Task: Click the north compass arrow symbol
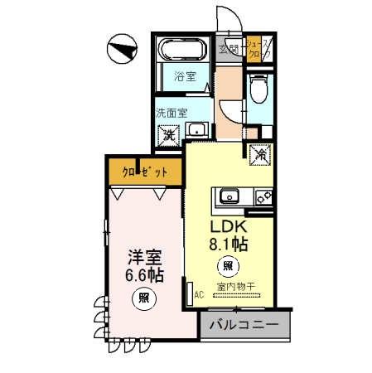pos(123,51)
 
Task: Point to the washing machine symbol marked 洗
pos(169,133)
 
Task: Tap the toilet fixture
pos(258,86)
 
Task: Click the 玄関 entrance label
pos(229,49)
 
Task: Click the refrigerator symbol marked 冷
pos(259,153)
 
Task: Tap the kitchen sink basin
pos(229,197)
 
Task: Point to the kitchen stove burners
pos(263,197)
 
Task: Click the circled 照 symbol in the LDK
pos(227,267)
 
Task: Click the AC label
pos(198,294)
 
